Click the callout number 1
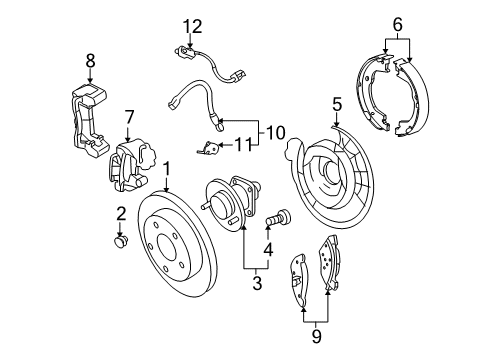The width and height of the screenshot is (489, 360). [x=167, y=170]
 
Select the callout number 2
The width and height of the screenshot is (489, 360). [x=120, y=213]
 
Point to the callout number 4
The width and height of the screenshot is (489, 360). [x=268, y=248]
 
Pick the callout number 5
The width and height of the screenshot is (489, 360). [x=337, y=103]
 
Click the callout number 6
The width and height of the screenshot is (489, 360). [x=397, y=22]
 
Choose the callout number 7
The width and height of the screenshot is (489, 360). [x=128, y=119]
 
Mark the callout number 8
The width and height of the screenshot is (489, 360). [x=89, y=61]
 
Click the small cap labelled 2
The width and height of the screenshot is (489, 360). [x=121, y=241]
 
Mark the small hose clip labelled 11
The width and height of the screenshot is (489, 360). [x=208, y=148]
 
